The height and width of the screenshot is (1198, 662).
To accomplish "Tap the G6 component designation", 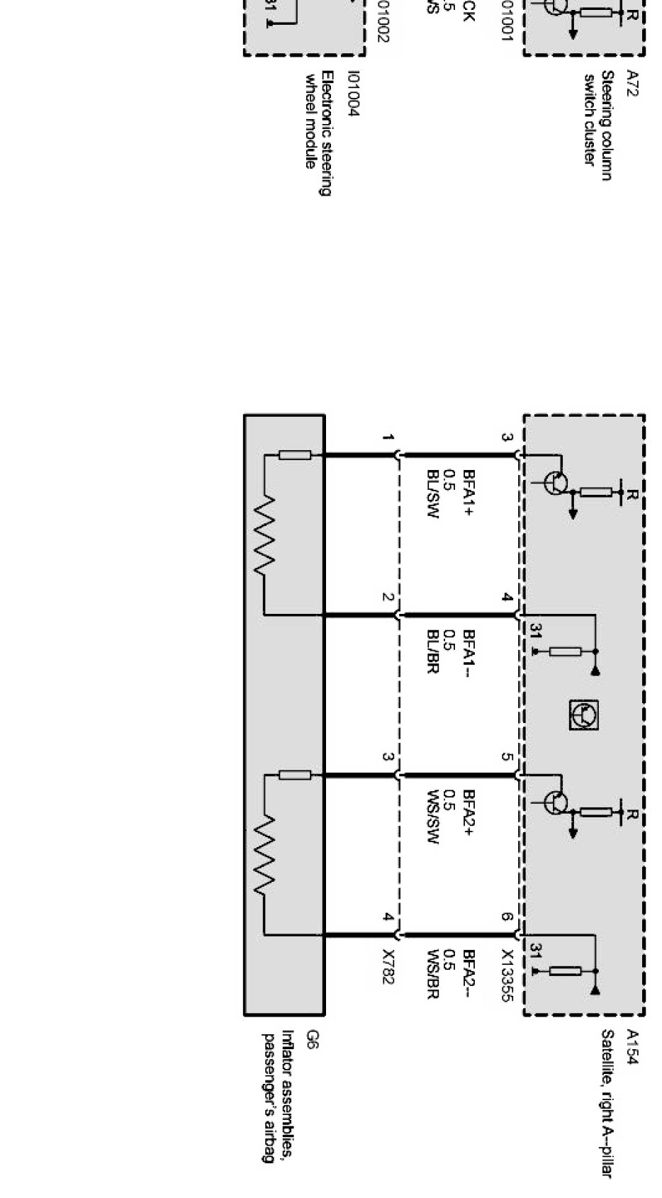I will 313,1039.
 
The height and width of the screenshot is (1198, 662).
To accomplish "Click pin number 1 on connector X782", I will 388,437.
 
